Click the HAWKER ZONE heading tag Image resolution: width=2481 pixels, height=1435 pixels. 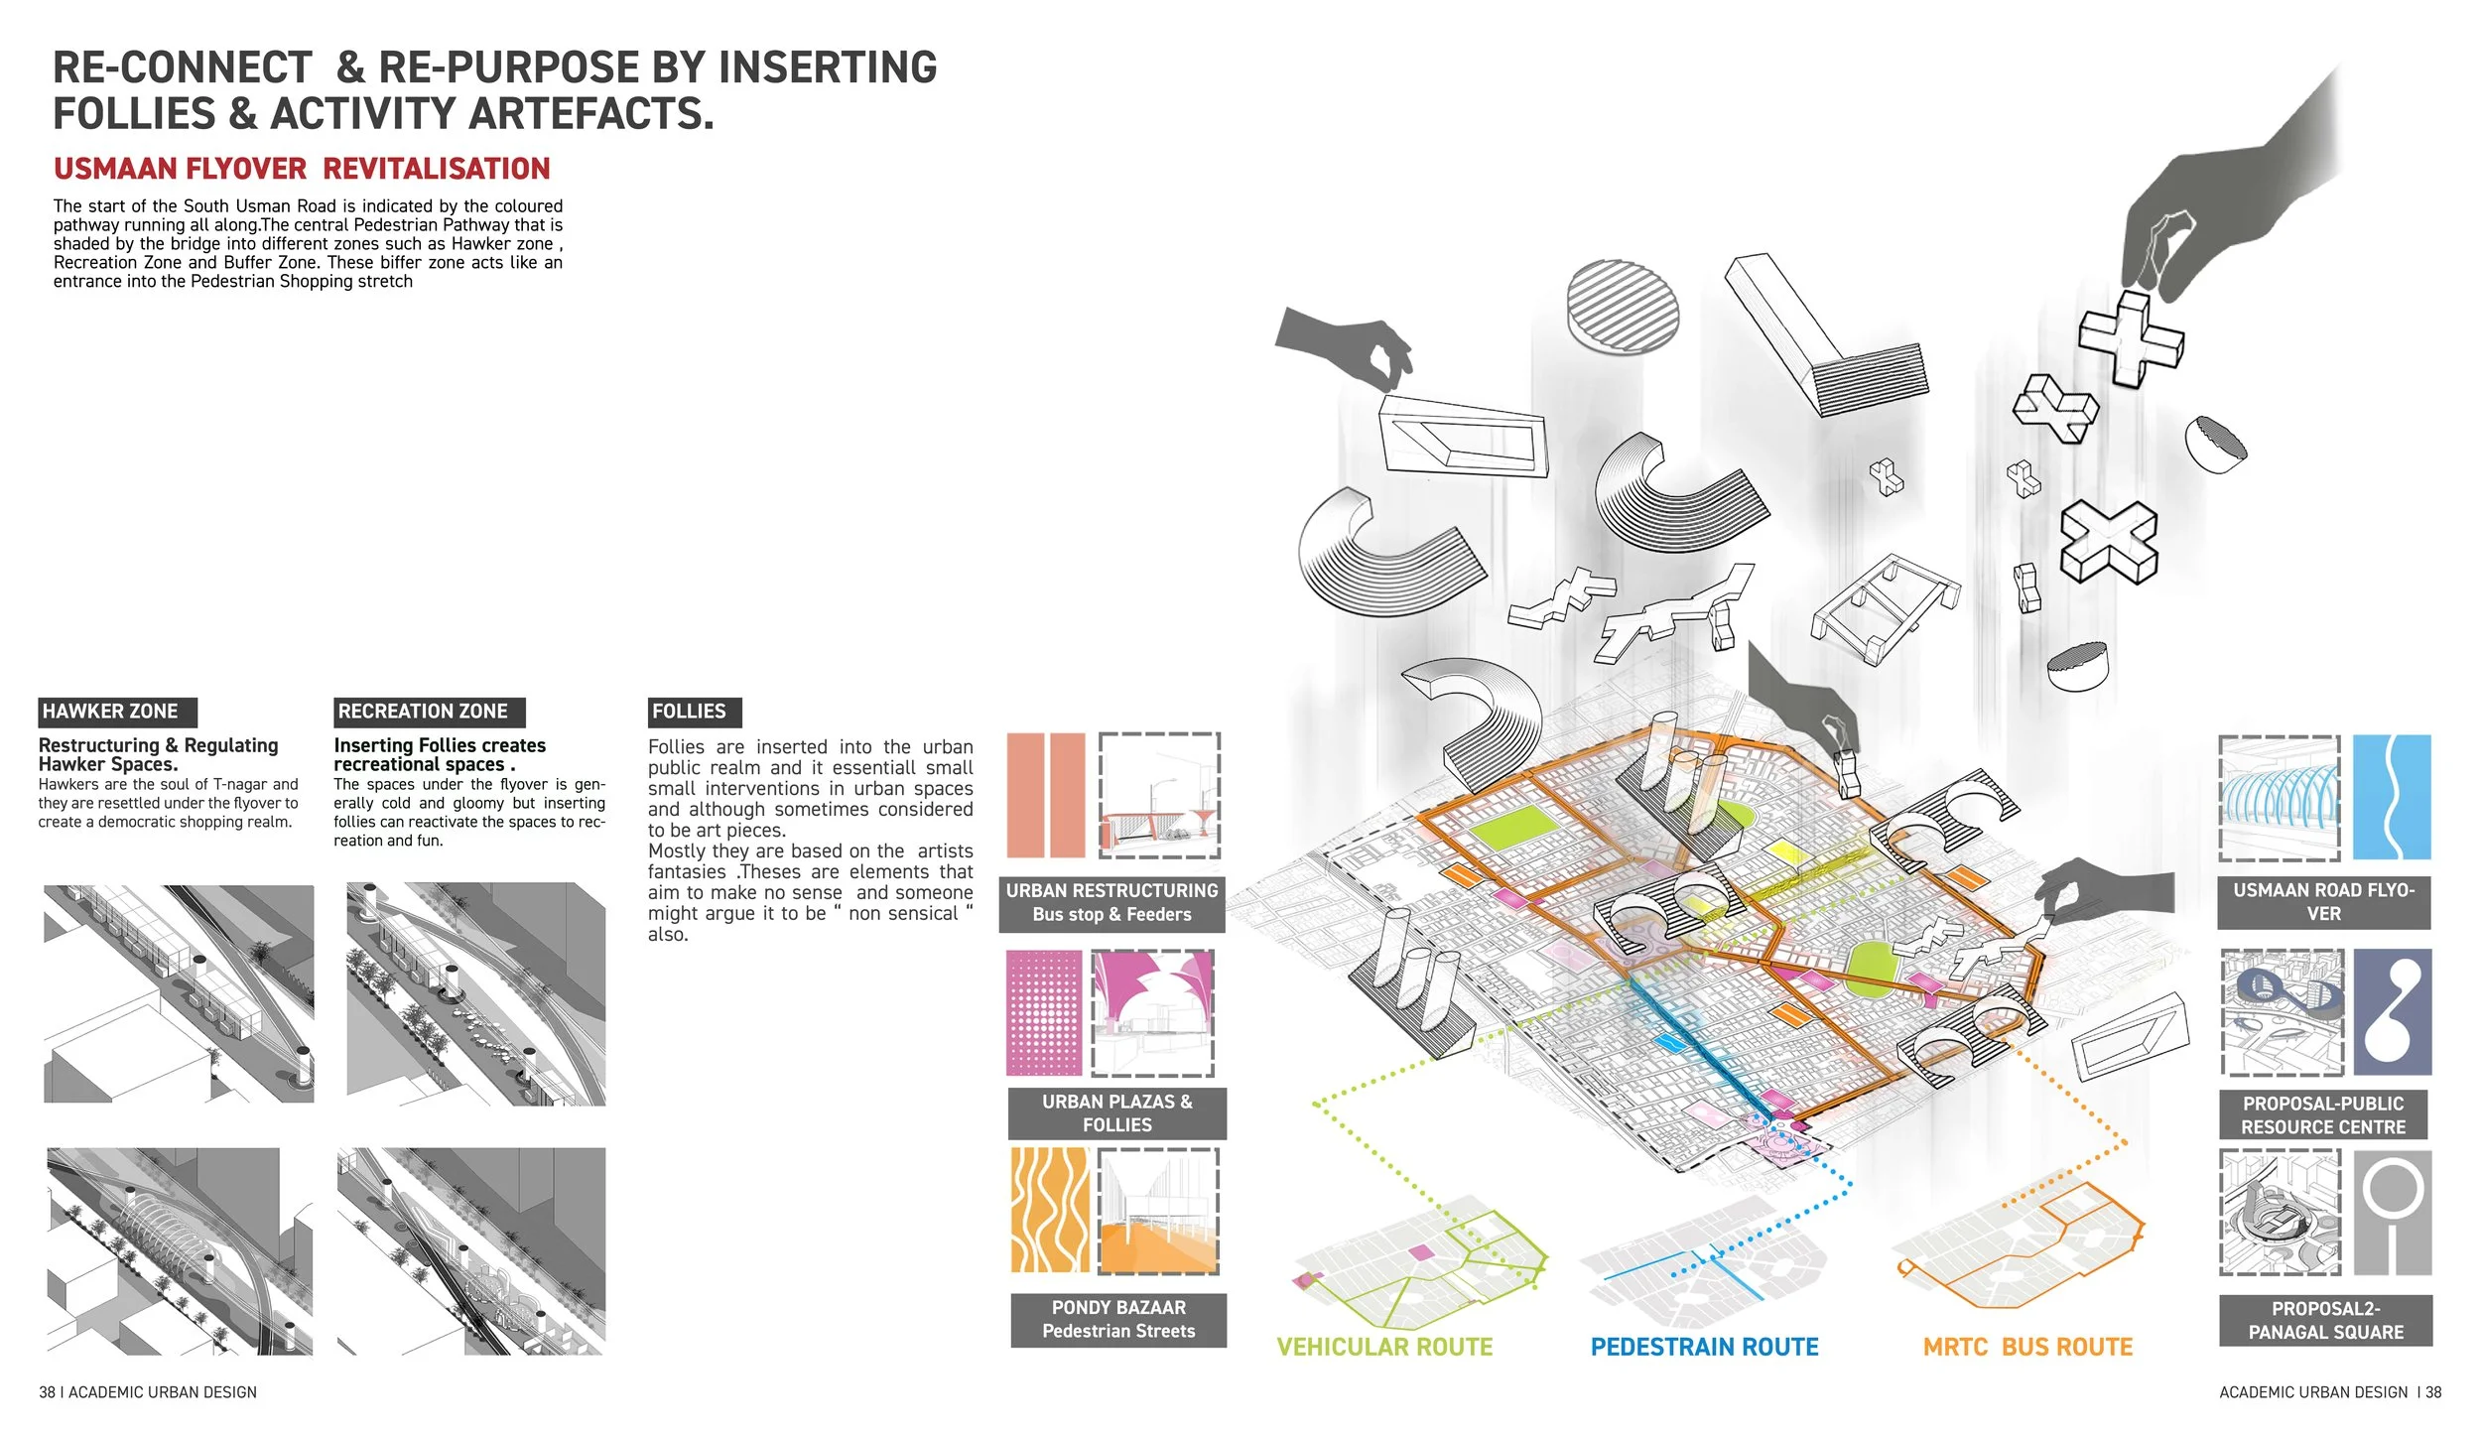pyautogui.click(x=117, y=712)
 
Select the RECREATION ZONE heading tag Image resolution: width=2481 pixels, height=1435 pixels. pyautogui.click(x=429, y=712)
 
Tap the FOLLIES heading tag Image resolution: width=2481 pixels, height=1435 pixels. pyautogui.click(x=694, y=712)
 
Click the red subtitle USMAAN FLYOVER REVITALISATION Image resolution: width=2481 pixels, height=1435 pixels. pyautogui.click(x=302, y=169)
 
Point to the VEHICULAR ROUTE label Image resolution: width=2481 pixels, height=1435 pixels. pyautogui.click(x=1384, y=1347)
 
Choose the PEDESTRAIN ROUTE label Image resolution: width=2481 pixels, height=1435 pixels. pyautogui.click(x=1704, y=1347)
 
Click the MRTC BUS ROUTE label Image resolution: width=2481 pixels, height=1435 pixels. pyautogui.click(x=2027, y=1347)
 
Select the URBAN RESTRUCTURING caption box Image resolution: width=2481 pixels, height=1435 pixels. pyautogui.click(x=1111, y=903)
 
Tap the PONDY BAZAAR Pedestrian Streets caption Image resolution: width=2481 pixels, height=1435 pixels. pyautogui.click(x=1118, y=1320)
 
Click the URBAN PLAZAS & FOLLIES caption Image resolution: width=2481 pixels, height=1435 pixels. pyautogui.click(x=1117, y=1113)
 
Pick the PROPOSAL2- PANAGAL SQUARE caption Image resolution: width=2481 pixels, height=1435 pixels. pyautogui.click(x=2325, y=1321)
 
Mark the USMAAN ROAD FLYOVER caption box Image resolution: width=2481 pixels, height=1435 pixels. pyautogui.click(x=2323, y=902)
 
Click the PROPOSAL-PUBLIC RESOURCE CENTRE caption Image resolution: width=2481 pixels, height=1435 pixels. pyautogui.click(x=2323, y=1115)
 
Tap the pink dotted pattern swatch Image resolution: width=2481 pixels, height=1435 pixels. pyautogui.click(x=1044, y=1012)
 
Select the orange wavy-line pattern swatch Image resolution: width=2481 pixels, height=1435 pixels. pyautogui.click(x=1049, y=1211)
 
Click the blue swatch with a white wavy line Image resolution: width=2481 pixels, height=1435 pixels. pyautogui.click(x=2392, y=797)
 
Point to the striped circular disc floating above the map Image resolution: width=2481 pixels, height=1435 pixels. pyautogui.click(x=1624, y=306)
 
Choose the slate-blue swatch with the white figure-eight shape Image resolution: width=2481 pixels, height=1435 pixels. pyautogui.click(x=2392, y=1011)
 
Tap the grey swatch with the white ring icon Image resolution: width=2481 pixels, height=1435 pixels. pyautogui.click(x=2392, y=1213)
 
